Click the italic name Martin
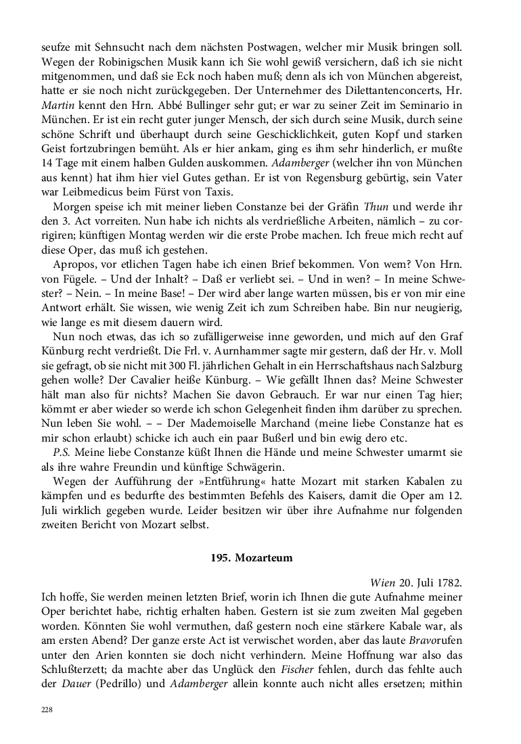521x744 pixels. coord(57,104)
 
